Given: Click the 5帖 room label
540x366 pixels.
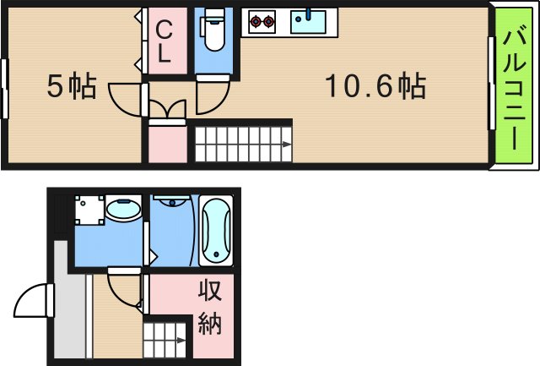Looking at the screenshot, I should point(71,85).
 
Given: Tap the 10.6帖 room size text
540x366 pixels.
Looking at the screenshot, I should point(375,85).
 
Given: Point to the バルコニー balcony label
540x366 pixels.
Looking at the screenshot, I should point(514,85).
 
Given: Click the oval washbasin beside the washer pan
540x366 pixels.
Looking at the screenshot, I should point(124,209).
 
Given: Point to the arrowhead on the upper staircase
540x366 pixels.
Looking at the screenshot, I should point(287,145).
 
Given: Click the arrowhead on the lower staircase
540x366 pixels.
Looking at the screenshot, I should point(181,342).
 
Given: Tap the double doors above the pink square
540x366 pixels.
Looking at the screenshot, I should point(165,110).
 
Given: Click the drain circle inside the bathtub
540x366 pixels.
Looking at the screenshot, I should point(216,254).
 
